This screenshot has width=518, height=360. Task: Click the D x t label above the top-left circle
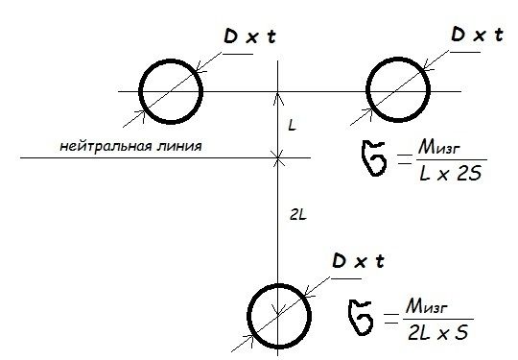(x=249, y=36)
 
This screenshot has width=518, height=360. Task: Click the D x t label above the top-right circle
(x=477, y=35)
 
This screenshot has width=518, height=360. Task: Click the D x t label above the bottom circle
(x=358, y=261)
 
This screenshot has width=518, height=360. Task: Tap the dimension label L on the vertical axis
(x=292, y=126)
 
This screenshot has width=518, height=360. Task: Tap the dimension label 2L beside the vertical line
(x=298, y=216)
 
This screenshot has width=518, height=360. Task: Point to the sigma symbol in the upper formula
(x=374, y=158)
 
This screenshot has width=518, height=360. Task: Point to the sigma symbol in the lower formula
(x=361, y=318)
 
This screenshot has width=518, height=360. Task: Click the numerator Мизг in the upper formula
(x=438, y=148)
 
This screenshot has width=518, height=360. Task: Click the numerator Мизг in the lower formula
(x=427, y=307)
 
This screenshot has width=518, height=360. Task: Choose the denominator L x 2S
(x=450, y=174)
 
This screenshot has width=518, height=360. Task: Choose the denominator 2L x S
(x=437, y=332)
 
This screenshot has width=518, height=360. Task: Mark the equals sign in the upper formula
(x=405, y=159)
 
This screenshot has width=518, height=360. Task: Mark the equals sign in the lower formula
(x=391, y=319)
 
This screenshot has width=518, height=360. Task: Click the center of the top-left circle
(x=171, y=91)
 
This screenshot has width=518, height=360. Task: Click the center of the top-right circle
(x=398, y=89)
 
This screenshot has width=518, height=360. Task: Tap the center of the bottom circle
(x=279, y=316)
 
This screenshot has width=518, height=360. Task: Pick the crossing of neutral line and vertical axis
(x=278, y=158)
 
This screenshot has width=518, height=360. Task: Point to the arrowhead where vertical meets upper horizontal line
(x=278, y=98)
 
